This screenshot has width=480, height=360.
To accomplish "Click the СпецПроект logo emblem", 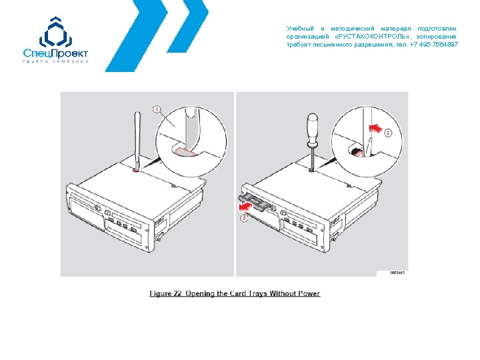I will point(55,32).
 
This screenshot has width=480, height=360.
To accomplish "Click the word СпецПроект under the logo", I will point(55,53).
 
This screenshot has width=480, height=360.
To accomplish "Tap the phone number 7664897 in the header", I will point(444,44).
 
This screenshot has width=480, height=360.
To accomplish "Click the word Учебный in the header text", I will point(299,29).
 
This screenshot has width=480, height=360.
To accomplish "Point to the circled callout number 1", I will point(157,109).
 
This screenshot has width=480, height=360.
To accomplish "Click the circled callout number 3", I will point(244,217).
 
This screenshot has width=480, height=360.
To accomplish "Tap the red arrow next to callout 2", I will point(375,126).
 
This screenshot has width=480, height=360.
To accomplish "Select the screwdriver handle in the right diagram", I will point(311,128).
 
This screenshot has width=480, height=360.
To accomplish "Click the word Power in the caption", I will point(305,293).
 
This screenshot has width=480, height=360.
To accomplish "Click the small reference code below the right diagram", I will point(397,273).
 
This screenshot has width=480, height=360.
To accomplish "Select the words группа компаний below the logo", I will point(55,62).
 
